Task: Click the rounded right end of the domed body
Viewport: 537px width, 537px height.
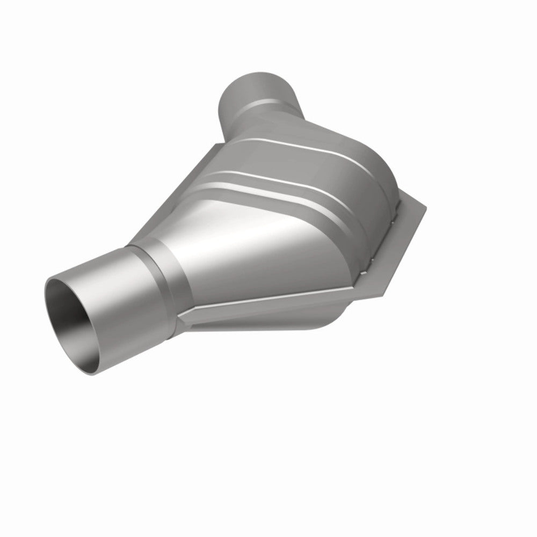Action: click(x=381, y=215)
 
